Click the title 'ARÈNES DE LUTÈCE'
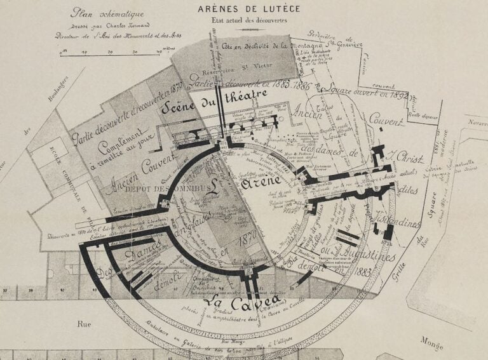[249, 9]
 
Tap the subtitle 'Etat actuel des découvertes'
[250, 20]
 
